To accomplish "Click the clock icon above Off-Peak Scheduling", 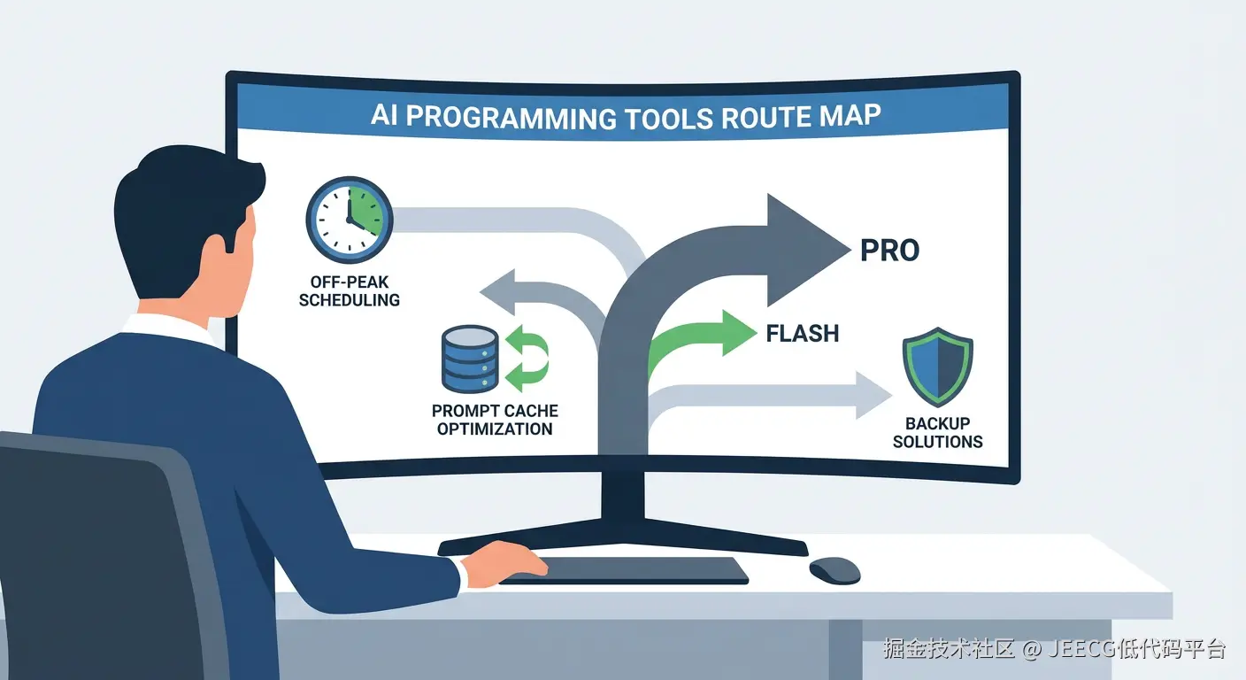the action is (350, 220).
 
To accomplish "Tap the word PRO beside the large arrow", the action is (889, 251).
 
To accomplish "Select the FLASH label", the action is (802, 333).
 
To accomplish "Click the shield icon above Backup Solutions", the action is (938, 367).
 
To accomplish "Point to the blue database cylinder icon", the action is (470, 359).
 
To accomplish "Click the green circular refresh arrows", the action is (527, 359).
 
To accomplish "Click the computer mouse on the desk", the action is (835, 570).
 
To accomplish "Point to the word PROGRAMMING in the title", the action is (511, 118).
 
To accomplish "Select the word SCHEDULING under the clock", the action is (350, 300).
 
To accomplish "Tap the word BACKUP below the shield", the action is (938, 423).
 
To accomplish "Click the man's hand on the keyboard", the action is (504, 563).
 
